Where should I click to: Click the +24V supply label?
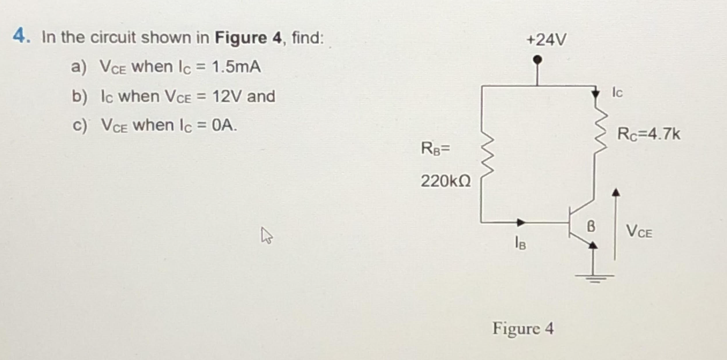546,40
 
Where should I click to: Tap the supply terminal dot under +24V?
538,60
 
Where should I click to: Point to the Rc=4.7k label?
648,134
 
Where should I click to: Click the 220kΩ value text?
445,181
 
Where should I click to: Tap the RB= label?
435,148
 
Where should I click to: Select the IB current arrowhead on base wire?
521,222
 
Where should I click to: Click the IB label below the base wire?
520,243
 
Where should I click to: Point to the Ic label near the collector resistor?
617,93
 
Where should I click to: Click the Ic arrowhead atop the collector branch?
596,94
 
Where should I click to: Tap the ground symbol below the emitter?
594,276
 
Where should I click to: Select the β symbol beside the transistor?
591,226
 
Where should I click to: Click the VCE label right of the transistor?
639,231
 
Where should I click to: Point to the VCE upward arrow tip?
616,192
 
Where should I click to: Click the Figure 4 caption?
523,328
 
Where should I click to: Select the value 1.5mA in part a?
236,67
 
